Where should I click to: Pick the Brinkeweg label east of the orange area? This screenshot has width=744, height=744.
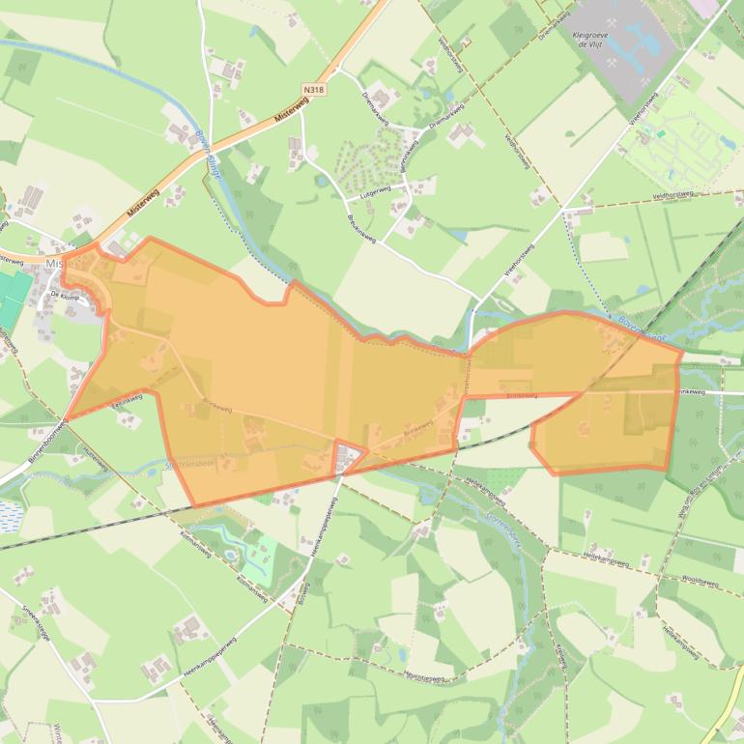pyautogui.click(x=699, y=392)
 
